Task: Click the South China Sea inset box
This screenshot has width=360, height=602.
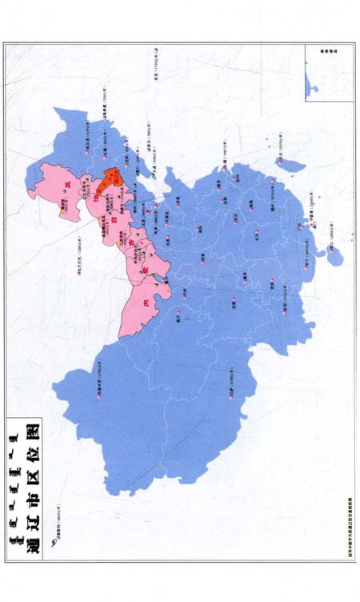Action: [329, 72]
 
